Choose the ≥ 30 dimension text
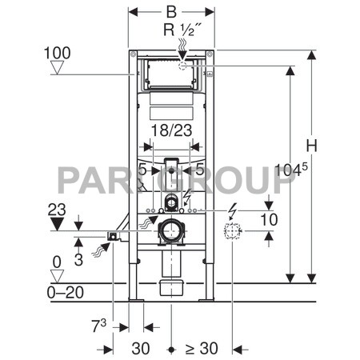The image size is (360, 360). [x=202, y=349]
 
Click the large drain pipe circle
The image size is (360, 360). [x=170, y=233]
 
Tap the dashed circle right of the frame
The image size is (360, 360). [x=233, y=233]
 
